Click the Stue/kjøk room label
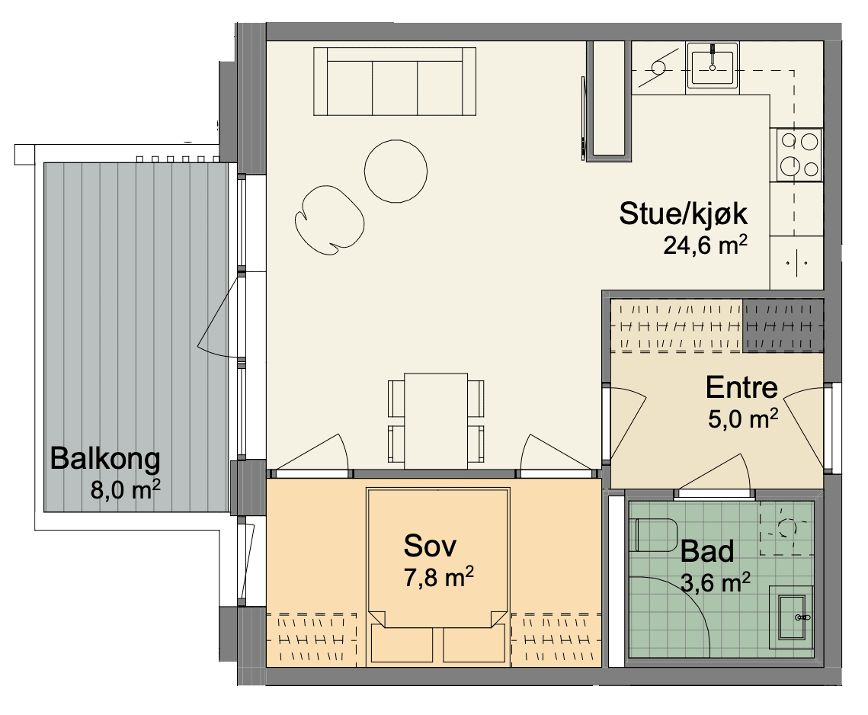683,214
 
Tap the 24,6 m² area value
706,244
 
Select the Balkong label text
105,460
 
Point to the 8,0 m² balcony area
126,489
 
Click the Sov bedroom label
430,546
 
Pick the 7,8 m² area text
438,577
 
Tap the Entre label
741,388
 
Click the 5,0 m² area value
743,418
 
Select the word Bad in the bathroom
707,552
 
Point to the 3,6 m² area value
716,582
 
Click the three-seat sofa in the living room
395,82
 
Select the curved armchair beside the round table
328,220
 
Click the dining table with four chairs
436,418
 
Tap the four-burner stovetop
799,155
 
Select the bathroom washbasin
792,617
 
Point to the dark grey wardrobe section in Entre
783,325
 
